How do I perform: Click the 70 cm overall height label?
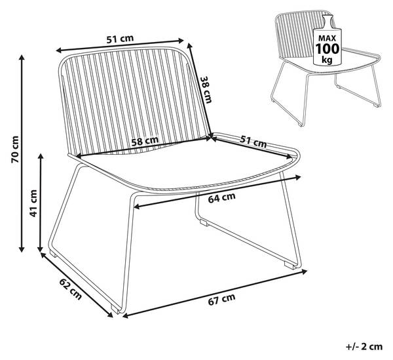coord(15,149)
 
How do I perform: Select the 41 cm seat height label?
coord(33,203)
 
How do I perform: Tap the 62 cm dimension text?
coord(71,289)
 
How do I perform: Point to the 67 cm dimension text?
coord(222,299)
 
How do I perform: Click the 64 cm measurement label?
coord(222,197)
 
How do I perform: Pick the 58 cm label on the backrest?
coord(145,141)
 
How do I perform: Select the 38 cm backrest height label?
coord(206,90)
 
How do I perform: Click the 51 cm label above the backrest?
coord(120,39)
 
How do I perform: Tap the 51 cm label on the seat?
coord(253,141)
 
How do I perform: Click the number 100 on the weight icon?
coord(327,49)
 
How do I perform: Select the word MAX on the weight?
coord(327,38)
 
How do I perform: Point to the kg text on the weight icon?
coord(327,60)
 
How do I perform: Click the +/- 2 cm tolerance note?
coord(364,347)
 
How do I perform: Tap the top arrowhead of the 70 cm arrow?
coord(22,57)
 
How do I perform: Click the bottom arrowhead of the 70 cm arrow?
coord(22,249)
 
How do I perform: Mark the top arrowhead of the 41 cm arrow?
coord(41,156)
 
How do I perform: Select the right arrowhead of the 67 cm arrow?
coord(305,271)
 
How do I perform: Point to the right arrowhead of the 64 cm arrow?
coord(298,178)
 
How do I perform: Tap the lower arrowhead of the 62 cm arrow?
coord(110,315)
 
